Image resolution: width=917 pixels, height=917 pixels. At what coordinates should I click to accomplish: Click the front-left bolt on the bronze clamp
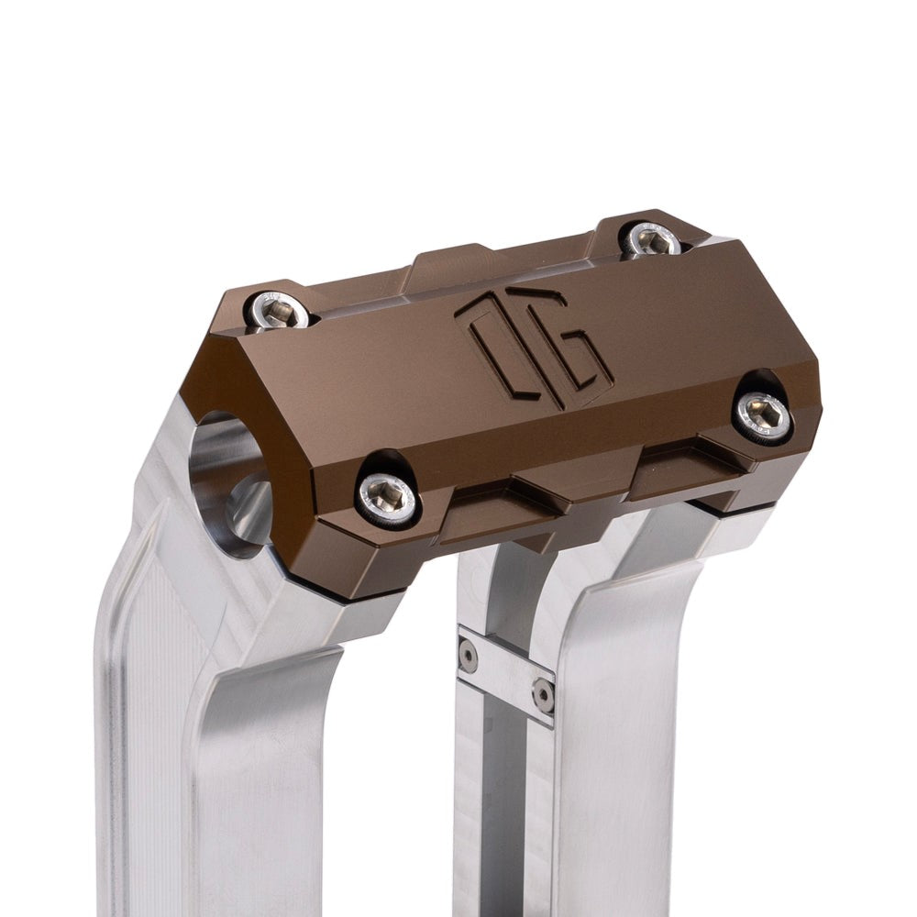coord(387,498)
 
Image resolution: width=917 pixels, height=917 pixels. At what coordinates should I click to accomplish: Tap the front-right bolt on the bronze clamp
coord(763,415)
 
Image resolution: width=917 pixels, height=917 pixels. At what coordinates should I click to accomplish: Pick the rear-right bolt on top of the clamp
coord(650,239)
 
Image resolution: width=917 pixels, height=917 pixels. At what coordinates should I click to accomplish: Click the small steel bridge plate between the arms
coord(505,674)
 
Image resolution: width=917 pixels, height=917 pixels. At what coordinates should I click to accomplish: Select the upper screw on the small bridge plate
coord(469,655)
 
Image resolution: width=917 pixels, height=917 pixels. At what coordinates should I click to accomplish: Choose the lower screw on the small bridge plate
coord(543,695)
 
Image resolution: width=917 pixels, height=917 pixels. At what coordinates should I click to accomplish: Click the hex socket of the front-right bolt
coord(763,415)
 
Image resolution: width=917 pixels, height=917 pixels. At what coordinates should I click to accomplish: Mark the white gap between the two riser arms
coord(403,779)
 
